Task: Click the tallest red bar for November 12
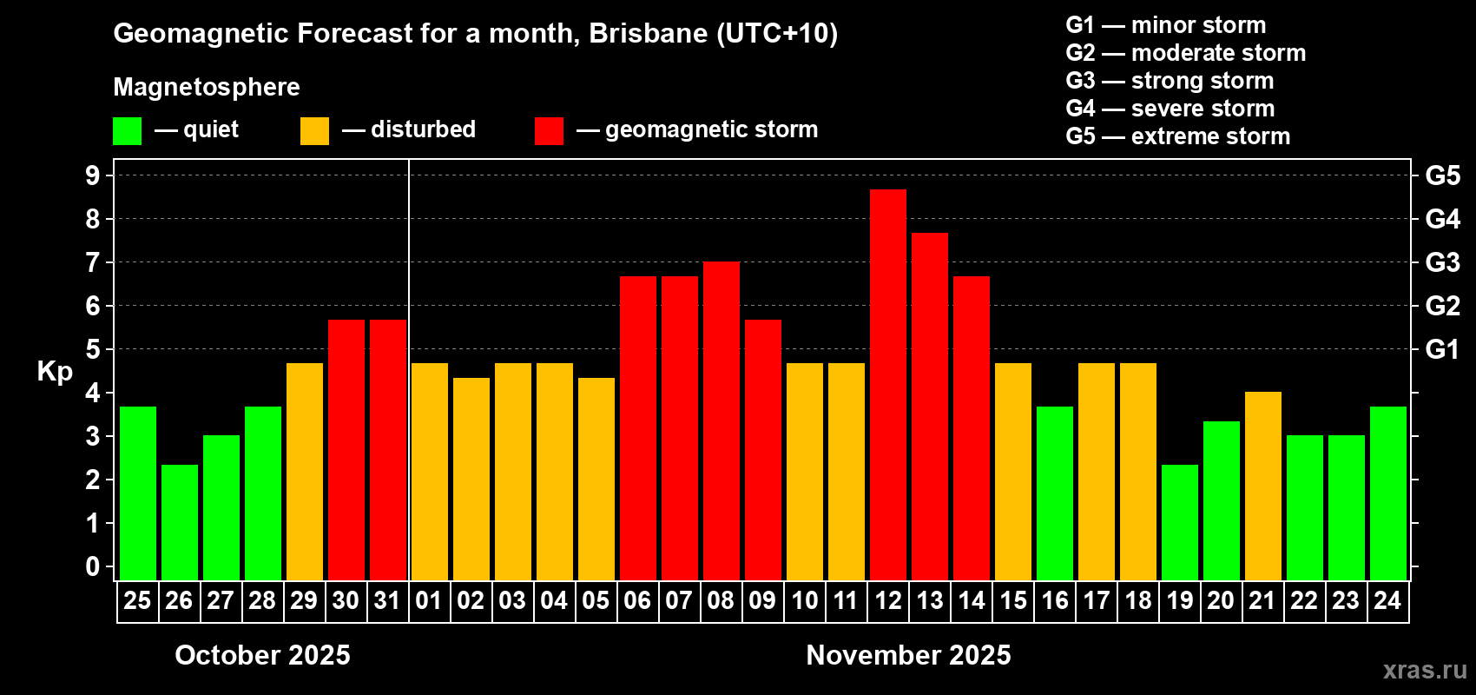[x=887, y=384]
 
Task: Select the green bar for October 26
[x=179, y=522]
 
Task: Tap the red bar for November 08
[x=721, y=420]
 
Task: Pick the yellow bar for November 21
[x=1262, y=486]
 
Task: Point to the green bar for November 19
[x=1179, y=522]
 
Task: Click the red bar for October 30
[x=346, y=449]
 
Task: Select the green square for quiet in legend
[x=127, y=131]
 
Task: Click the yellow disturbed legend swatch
[x=314, y=131]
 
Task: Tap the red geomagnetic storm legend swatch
[x=549, y=131]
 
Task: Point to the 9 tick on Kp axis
[x=93, y=175]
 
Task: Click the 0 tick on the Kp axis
[x=93, y=566]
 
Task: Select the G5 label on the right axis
[x=1442, y=175]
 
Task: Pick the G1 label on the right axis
[x=1442, y=349]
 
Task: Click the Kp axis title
[x=55, y=371]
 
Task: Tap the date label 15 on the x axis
[x=1012, y=600]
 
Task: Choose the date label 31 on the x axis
[x=387, y=600]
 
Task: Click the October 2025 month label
[x=262, y=655]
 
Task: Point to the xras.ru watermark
[x=1424, y=670]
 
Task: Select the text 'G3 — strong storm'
[x=1170, y=81]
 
